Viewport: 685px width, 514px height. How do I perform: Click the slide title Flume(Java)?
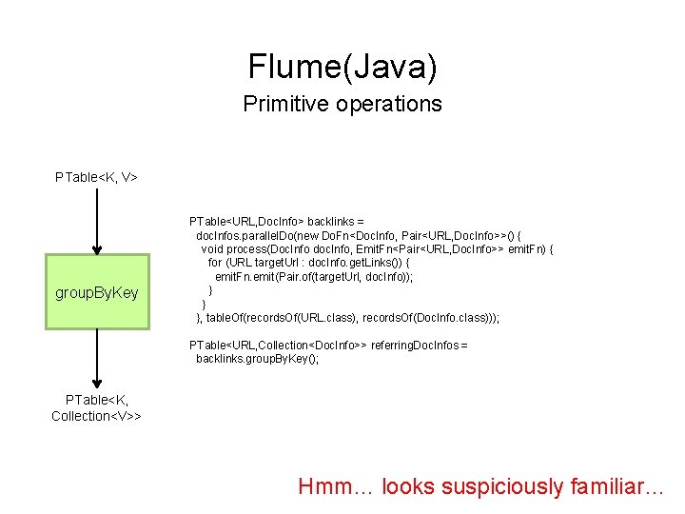click(x=342, y=66)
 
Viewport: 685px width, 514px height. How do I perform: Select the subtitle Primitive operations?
click(x=342, y=104)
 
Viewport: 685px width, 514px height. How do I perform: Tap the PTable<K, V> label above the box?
click(x=96, y=176)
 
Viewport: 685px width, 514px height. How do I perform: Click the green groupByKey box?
click(x=96, y=292)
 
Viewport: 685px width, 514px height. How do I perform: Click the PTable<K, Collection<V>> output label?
click(x=96, y=407)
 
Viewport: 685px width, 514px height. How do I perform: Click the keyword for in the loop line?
click(x=215, y=263)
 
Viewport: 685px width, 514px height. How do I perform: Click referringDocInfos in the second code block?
click(x=419, y=345)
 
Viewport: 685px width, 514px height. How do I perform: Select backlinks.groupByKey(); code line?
click(x=257, y=359)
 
